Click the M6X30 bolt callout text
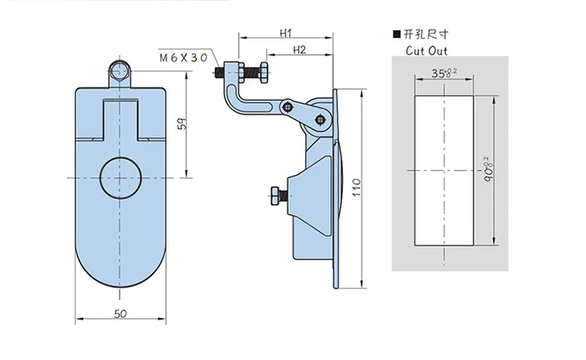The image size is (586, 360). tap(183, 58)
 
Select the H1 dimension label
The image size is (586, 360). tap(286, 33)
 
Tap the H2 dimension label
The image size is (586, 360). tap(299, 50)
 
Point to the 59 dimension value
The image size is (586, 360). tap(182, 123)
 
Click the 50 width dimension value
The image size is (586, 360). tap(120, 314)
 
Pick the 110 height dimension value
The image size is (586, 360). tap(356, 187)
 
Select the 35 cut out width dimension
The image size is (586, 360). tap(444, 73)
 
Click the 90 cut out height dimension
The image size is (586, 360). tap(488, 169)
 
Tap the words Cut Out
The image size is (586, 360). tap(427, 51)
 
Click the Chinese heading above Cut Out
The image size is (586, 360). tap(426, 34)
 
